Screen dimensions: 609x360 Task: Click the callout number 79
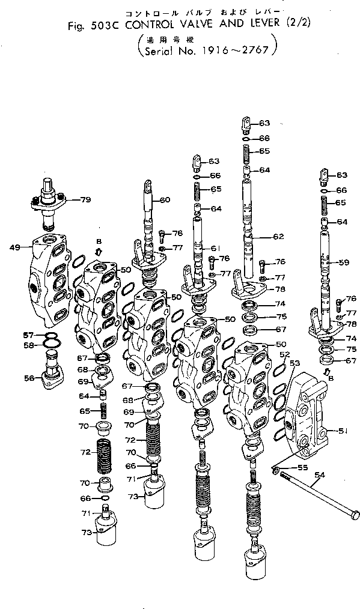85,199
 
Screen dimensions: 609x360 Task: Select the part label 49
16,247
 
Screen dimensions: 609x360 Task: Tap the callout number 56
29,378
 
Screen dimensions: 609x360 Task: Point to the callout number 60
165,200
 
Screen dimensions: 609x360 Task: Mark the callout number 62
278,237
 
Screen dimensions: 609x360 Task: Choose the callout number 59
343,262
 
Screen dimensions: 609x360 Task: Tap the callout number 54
320,475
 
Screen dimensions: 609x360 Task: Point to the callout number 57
28,335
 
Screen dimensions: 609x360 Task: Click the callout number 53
294,363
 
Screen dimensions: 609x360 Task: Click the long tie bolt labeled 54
319,493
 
